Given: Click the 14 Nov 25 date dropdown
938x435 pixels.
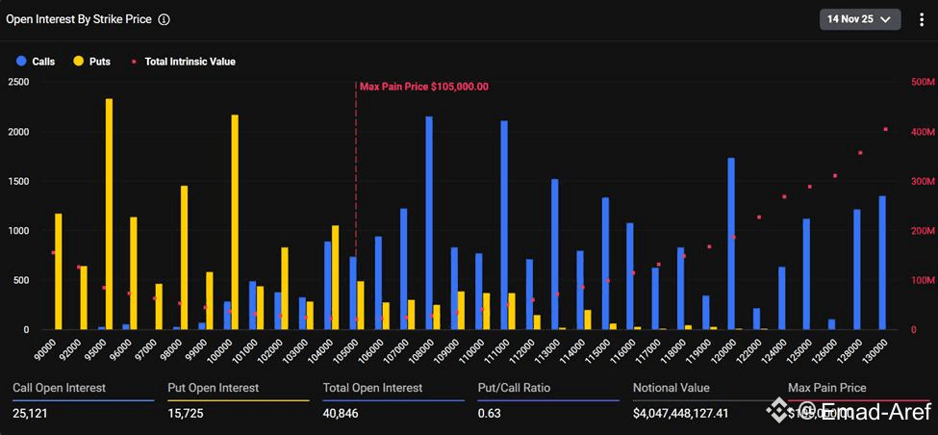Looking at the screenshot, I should (859, 18).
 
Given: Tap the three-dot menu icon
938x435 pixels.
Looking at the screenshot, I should (922, 19).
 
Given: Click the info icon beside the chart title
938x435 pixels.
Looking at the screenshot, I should (164, 19).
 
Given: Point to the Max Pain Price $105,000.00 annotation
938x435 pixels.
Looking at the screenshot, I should (423, 87).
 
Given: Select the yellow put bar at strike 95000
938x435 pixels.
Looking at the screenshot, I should (109, 214).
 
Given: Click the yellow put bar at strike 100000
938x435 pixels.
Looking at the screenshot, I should (235, 222).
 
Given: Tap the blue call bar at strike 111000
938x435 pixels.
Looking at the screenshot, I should (504, 225).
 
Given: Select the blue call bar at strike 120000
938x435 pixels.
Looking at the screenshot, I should (731, 243).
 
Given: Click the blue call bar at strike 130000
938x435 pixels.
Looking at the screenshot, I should (882, 263).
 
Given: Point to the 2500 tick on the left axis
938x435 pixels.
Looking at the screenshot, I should (18, 82).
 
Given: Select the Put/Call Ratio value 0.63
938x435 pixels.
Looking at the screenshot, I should (490, 413).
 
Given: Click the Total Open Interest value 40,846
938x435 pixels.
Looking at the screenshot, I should (344, 413).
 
